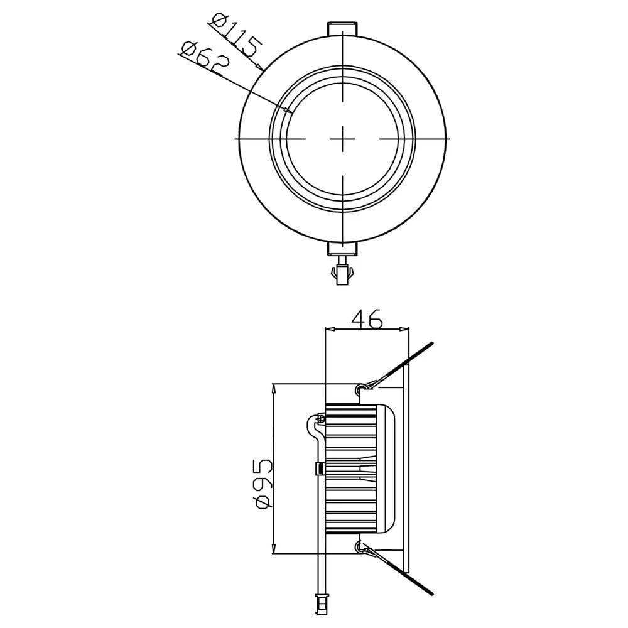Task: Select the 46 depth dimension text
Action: pyautogui.click(x=367, y=318)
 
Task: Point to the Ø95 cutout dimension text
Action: pyautogui.click(x=264, y=484)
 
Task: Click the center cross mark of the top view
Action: pyautogui.click(x=343, y=138)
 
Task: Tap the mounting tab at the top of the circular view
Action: pyautogui.click(x=343, y=30)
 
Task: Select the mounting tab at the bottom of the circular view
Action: pyautogui.click(x=343, y=250)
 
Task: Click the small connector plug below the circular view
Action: pyautogui.click(x=343, y=274)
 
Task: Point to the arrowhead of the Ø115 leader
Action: pyautogui.click(x=259, y=67)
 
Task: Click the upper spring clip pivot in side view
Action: pyautogui.click(x=359, y=390)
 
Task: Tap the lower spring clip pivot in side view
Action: pyautogui.click(x=359, y=548)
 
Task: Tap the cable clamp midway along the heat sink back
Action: pyautogui.click(x=320, y=468)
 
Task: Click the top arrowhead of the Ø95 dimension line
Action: pyautogui.click(x=274, y=389)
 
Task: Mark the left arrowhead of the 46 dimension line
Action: pyautogui.click(x=328, y=328)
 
